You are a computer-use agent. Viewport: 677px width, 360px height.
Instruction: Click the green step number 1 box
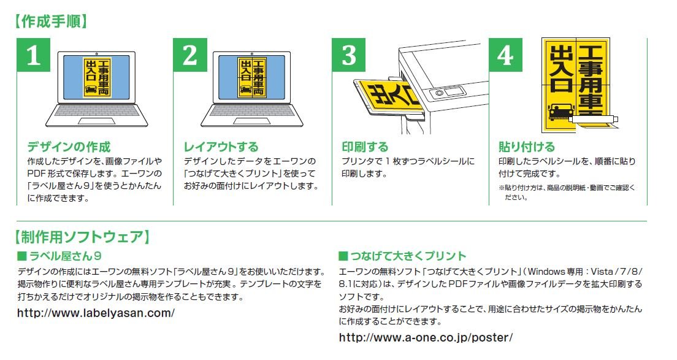pyautogui.click(x=34, y=55)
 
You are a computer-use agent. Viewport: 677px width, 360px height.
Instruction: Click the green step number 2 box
pyautogui.click(x=190, y=55)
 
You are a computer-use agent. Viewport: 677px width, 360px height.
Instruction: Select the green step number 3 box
pyautogui.click(x=349, y=55)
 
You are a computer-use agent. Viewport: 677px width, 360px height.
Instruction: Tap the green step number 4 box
pyautogui.click(x=505, y=55)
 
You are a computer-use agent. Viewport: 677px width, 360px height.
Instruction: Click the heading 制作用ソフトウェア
pyautogui.click(x=82, y=237)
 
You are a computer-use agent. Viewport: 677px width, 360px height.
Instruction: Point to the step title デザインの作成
pyautogui.click(x=69, y=147)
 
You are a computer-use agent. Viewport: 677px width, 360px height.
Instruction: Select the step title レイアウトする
pyautogui.click(x=221, y=147)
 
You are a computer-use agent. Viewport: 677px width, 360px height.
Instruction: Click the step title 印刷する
pyautogui.click(x=365, y=147)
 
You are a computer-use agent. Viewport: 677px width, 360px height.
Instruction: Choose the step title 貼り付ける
pyautogui.click(x=527, y=147)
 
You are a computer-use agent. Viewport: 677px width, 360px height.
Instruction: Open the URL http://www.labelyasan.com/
pyautogui.click(x=96, y=313)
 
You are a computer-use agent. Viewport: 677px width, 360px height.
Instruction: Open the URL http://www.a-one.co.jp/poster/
pyautogui.click(x=426, y=337)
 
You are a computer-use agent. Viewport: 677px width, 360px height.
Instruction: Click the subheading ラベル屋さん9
pyautogui.click(x=59, y=256)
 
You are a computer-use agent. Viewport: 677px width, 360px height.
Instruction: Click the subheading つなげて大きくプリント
pyautogui.click(x=402, y=256)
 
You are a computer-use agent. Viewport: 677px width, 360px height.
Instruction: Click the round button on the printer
pyautogui.click(x=439, y=93)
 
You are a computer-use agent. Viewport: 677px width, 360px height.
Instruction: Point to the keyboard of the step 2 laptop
pyautogui.click(x=251, y=110)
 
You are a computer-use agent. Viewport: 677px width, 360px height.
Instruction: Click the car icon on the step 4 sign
pyautogui.click(x=560, y=112)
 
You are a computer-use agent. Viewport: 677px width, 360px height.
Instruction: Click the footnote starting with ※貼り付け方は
pyautogui.click(x=567, y=193)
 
